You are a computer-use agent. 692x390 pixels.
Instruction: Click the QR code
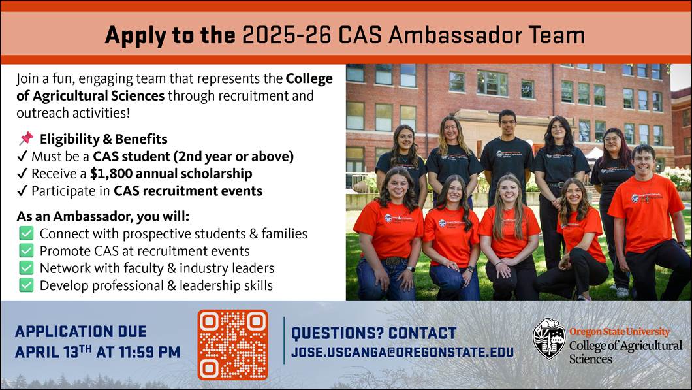pos(232,345)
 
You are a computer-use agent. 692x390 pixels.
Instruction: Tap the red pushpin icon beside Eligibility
pos(26,138)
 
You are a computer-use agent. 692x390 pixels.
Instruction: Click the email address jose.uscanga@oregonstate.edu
pos(402,353)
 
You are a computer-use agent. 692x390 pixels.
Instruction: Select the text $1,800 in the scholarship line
pos(106,174)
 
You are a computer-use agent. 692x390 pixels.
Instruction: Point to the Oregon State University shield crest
pos(548,338)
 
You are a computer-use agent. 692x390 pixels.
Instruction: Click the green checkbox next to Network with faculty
pos(26,268)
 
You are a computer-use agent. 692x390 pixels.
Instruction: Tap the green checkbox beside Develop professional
pos(26,285)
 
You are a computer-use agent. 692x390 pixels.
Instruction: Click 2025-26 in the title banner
pos(287,35)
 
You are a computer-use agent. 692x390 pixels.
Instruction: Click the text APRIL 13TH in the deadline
pos(54,352)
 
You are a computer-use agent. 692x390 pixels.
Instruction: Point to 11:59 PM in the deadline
pos(149,353)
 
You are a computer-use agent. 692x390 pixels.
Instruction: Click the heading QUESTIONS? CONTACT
pos(374,333)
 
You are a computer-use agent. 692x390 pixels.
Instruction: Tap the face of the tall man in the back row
pos(507,124)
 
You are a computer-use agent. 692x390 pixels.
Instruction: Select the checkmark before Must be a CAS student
pos(22,157)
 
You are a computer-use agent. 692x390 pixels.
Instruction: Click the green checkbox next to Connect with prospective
pos(26,234)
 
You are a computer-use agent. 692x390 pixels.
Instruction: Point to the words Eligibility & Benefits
pos(103,139)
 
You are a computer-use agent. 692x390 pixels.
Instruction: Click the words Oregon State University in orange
pos(619,332)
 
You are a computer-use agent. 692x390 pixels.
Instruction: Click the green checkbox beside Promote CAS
pos(26,251)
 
